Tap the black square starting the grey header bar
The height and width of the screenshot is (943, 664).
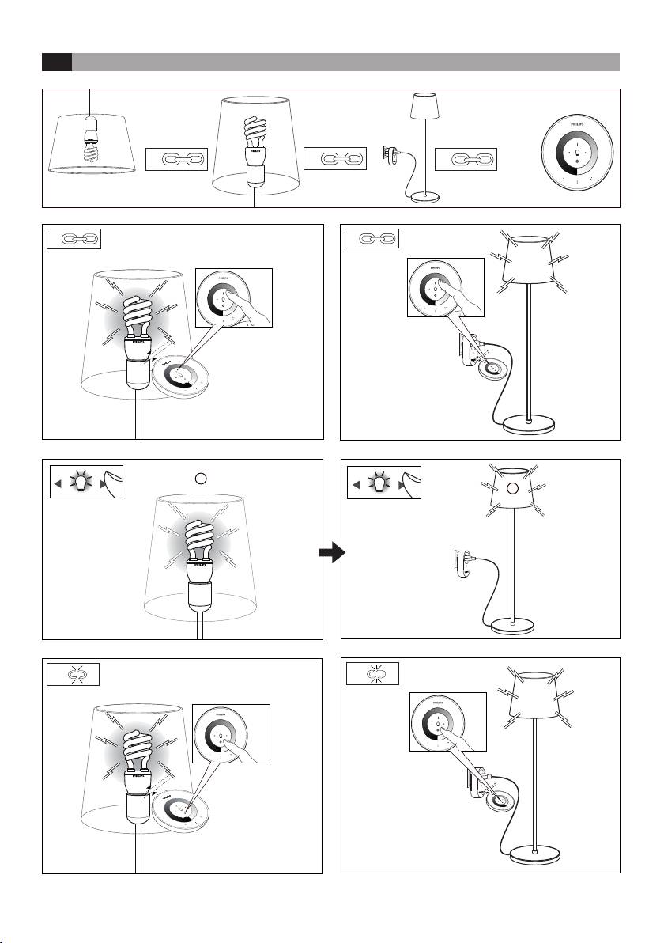point(57,62)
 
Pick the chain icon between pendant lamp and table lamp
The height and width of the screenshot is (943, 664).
point(176,159)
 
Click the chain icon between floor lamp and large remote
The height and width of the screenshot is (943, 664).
point(465,159)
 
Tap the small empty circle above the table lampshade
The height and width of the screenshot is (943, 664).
point(201,478)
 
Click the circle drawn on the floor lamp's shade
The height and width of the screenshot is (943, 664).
point(511,490)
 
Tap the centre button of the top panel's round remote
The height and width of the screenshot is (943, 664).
point(578,153)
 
